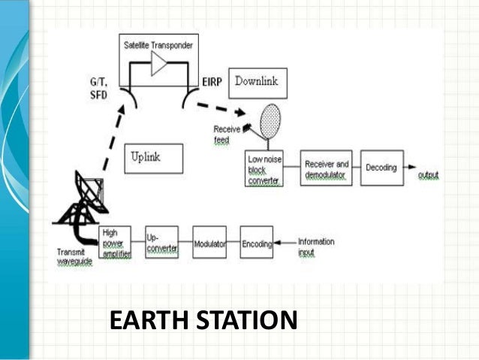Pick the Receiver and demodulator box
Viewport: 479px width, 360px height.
[x=327, y=168]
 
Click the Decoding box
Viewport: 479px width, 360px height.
[x=381, y=168]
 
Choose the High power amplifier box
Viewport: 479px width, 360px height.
[x=114, y=243]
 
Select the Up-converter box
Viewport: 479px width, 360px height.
[x=161, y=243]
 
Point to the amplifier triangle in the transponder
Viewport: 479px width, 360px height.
[x=159, y=65]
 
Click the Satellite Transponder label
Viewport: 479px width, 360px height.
[x=160, y=45]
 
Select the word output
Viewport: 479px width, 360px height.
[x=428, y=175]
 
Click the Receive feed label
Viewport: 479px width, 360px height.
[x=227, y=134]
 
